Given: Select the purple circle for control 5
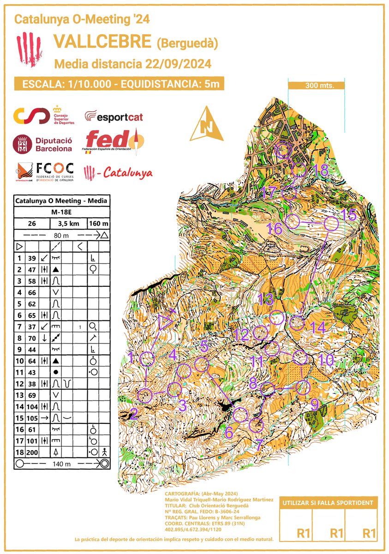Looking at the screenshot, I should (x=201, y=365).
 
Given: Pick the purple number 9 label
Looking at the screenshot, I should (x=314, y=405).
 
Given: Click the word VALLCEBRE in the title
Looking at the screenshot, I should (x=102, y=42).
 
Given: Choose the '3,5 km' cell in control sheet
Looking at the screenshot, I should (x=68, y=223).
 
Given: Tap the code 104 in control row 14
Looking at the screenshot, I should (x=32, y=406).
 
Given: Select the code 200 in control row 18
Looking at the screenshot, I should (x=32, y=451).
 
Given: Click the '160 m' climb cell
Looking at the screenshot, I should (x=98, y=223).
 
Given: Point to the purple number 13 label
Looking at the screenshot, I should (x=266, y=299).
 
